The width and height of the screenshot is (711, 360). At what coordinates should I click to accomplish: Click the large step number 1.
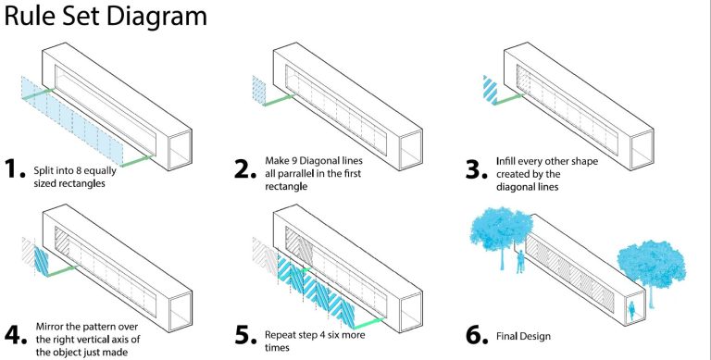(x=15, y=168)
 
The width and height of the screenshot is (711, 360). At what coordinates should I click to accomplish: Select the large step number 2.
(x=245, y=168)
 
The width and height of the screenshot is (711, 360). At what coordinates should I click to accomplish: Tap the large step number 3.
(x=477, y=169)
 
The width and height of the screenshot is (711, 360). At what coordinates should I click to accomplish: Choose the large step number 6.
(x=477, y=335)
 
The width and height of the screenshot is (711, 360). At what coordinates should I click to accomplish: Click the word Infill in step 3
(x=505, y=161)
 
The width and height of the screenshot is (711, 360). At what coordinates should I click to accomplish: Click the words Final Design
(x=523, y=337)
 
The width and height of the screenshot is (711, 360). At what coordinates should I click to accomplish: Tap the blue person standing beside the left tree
(x=521, y=262)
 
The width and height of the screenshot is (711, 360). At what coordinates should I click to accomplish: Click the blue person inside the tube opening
(x=631, y=312)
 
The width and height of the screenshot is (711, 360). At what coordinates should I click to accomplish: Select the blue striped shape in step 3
(x=490, y=90)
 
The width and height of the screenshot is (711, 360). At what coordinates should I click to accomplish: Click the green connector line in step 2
(x=280, y=101)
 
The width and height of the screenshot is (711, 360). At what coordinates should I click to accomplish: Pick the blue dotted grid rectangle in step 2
(x=259, y=91)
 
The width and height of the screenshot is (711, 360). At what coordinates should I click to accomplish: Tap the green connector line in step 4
(x=62, y=271)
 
